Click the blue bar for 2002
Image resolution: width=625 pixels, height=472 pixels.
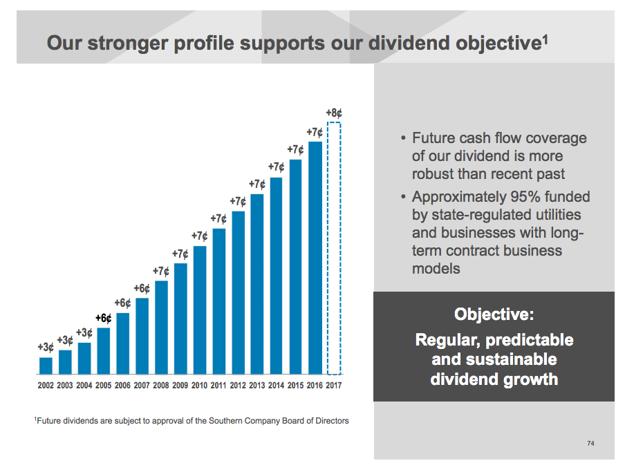tap(46, 365)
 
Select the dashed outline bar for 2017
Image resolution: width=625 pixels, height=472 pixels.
tap(334, 249)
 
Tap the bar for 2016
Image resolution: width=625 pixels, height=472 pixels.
tap(315, 257)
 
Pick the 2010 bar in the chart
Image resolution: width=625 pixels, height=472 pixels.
tap(200, 310)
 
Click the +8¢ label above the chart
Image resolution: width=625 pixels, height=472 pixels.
tap(335, 112)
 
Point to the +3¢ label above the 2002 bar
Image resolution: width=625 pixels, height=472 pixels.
tap(46, 347)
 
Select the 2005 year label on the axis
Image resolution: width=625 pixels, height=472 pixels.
tap(104, 385)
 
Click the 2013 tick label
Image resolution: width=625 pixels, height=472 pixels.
tap(257, 385)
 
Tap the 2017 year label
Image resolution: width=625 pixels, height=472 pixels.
tap(334, 385)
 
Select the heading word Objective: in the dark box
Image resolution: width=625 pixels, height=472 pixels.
tap(494, 315)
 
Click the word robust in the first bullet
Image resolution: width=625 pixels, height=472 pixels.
tap(436, 174)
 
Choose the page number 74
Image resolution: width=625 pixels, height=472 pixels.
tap(590, 443)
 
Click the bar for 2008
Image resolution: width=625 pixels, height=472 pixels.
tap(161, 327)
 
